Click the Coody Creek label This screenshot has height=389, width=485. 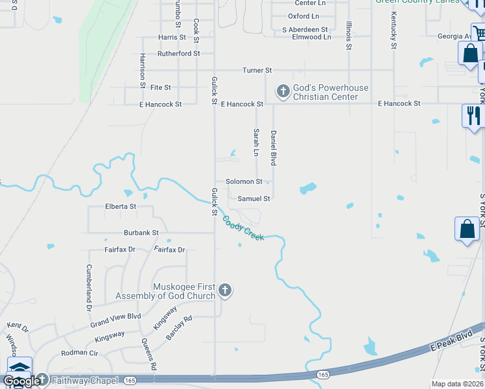coord(243,229)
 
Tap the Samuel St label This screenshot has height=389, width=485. coord(254,199)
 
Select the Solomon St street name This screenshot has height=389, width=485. coord(243,182)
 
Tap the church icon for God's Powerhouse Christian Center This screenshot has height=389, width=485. coord(283,92)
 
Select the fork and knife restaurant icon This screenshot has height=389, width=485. coord(473,115)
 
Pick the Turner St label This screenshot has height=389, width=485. coord(257,70)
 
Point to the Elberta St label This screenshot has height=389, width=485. coord(121,207)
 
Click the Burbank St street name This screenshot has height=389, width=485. coord(141,232)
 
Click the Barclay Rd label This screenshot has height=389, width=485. coord(178,329)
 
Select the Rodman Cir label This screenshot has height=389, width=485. coord(79,353)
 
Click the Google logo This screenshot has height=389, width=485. coord(21,381)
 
